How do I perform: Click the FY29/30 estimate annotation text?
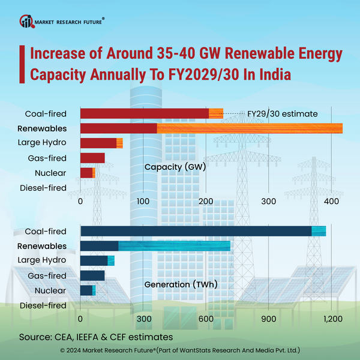click(x=282, y=113)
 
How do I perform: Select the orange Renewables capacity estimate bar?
click(x=250, y=128)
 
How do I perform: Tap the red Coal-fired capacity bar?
click(x=144, y=113)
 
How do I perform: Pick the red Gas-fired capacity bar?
click(x=92, y=158)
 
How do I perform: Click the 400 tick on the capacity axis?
click(x=332, y=202)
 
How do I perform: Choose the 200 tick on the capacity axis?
click(x=207, y=202)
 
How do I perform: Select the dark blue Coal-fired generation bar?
click(x=196, y=231)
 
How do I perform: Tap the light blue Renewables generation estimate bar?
click(x=174, y=246)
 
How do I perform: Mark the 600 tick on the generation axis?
click(x=206, y=319)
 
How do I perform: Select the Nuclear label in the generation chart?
click(x=50, y=290)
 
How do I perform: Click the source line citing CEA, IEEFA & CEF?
click(x=96, y=337)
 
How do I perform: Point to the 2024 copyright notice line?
click(x=180, y=350)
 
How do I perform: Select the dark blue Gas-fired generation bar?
click(x=92, y=275)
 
